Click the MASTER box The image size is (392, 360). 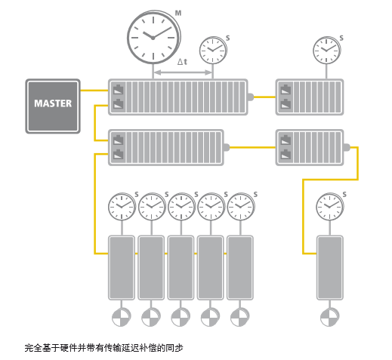click(53, 106)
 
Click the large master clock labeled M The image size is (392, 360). click(153, 37)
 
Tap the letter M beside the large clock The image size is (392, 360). click(178, 13)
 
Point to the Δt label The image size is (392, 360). click(182, 62)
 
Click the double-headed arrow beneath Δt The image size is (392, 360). click(183, 72)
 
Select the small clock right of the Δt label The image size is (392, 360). click(213, 50)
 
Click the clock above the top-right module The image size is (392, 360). click(326, 50)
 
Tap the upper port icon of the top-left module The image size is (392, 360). click(119, 90)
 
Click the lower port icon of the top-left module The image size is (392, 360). click(119, 104)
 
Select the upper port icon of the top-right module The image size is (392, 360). click(286, 90)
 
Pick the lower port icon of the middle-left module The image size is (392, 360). click(119, 154)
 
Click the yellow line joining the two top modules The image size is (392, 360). click(265, 97)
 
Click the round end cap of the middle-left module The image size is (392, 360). click(227, 147)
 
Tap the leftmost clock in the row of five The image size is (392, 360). click(122, 207)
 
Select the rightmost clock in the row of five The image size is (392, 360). click(241, 207)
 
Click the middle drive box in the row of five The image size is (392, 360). click(181, 268)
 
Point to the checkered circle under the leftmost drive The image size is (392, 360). click(122, 317)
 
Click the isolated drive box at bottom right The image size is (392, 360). click(330, 268)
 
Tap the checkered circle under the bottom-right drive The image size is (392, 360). click(330, 317)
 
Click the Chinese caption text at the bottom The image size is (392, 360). click(103, 348)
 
